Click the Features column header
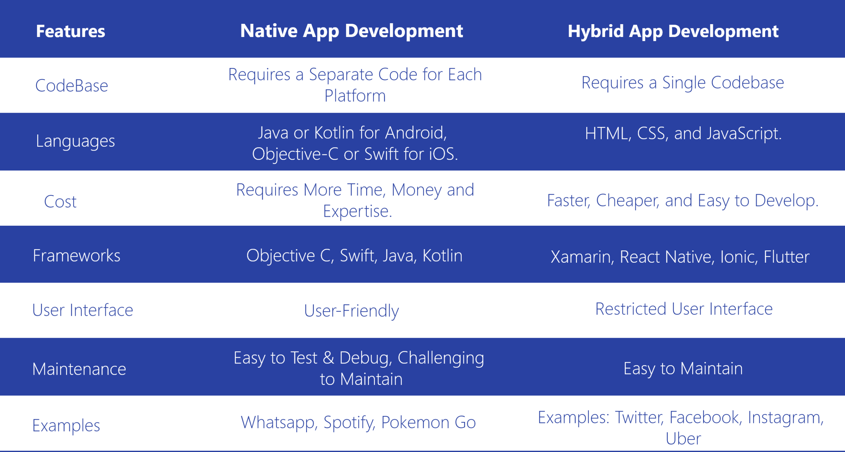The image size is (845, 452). point(70,31)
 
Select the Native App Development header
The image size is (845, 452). point(352,31)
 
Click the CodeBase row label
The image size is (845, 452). point(72,86)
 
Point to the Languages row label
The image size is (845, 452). point(75,141)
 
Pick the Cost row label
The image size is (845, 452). point(60,202)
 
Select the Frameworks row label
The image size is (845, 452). point(77,256)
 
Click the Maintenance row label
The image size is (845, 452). point(79,369)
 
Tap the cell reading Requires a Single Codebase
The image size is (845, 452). point(682,83)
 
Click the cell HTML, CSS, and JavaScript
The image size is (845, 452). point(683,134)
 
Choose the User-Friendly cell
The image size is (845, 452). point(352,311)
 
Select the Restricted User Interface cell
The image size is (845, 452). point(684,309)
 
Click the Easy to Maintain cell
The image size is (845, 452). point(683,368)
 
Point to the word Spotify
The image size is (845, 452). point(349,423)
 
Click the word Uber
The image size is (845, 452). point(683,439)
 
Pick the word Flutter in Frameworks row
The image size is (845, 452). point(786,257)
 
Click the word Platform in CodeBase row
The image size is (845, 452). point(355,96)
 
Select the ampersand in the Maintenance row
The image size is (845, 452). point(328,358)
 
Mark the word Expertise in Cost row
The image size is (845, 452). point(357,211)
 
